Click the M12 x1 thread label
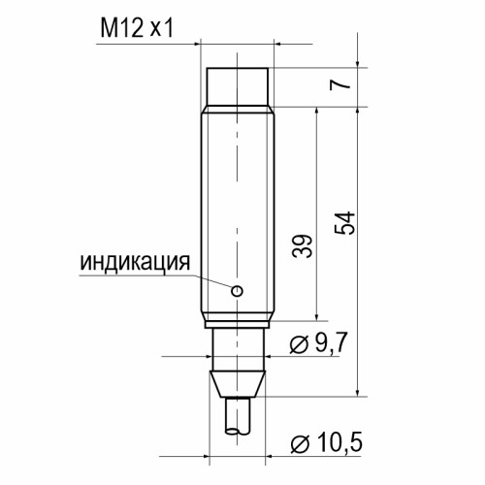click(x=137, y=28)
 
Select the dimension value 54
click(x=344, y=223)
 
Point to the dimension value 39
click(x=303, y=245)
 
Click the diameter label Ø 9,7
click(x=318, y=343)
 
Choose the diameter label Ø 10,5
click(x=326, y=443)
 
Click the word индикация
click(x=135, y=263)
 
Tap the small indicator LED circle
click(x=237, y=291)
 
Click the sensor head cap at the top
click(x=238, y=86)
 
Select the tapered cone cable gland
click(x=238, y=384)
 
